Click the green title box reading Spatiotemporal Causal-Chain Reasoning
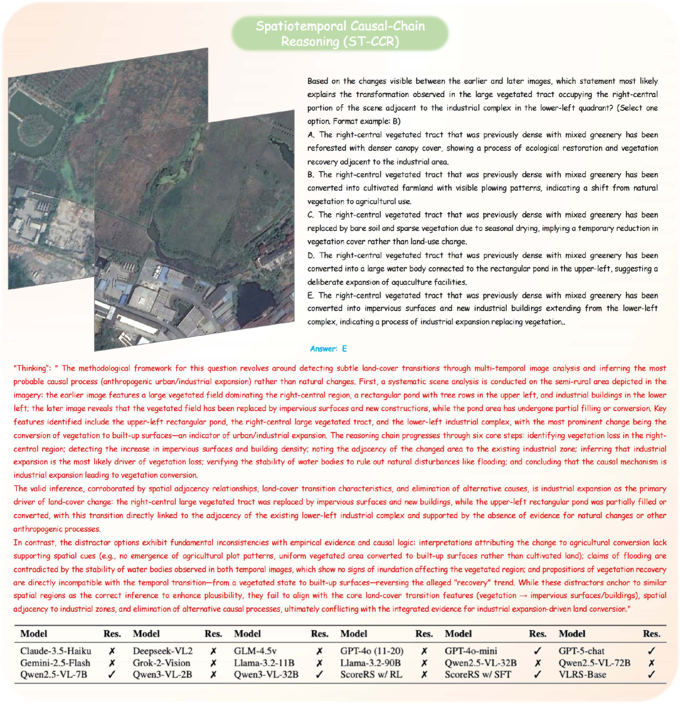(339, 34)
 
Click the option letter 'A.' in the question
(311, 135)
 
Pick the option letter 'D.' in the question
(311, 256)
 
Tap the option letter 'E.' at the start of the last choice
(311, 295)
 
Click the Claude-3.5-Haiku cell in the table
(55, 651)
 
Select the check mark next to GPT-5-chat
(651, 651)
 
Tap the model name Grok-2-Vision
(161, 663)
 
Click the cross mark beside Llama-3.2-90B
(424, 663)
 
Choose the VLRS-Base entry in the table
(582, 675)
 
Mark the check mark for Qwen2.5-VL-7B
(111, 675)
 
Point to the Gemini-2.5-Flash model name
(55, 663)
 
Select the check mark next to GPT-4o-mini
(538, 651)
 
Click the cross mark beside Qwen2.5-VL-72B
(651, 663)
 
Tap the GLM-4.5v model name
(255, 651)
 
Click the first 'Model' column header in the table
(34, 634)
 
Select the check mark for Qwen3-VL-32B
(320, 675)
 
